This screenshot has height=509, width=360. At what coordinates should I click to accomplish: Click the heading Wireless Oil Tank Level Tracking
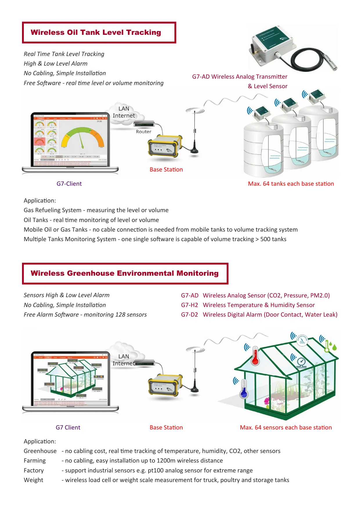coord(96,33)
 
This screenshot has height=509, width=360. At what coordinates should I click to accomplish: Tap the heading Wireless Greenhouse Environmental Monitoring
coord(124,273)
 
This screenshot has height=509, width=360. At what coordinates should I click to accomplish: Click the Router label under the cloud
coord(144,132)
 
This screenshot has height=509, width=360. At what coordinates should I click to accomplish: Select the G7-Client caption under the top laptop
coord(69,184)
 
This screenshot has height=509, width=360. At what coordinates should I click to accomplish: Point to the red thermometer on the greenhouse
coord(255,356)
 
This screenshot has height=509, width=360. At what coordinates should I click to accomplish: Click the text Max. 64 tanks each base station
coord(291,184)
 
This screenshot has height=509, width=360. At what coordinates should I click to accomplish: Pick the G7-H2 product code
coord(189,305)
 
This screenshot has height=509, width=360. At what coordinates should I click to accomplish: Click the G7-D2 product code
coord(189,315)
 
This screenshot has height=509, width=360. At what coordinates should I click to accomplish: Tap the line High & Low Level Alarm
coord(55,64)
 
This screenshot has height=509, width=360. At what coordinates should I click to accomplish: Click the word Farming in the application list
coord(35,461)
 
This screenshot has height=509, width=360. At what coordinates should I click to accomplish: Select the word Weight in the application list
coord(33,480)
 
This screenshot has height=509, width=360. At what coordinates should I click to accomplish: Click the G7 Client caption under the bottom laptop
coord(68,427)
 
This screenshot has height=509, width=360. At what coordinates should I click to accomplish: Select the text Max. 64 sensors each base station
coord(286,427)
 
